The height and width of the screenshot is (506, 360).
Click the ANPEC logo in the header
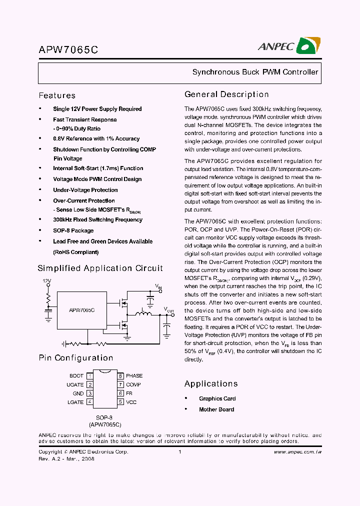pos(288,46)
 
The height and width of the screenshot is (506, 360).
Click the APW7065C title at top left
pos(68,50)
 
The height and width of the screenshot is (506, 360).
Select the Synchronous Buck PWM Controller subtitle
pos(255,72)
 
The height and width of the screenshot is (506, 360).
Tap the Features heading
pos(57,95)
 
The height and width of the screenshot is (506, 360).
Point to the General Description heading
pos(226,94)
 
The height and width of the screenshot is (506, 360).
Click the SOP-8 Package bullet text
pos(73,230)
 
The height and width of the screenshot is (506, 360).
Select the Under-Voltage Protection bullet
pos(85,190)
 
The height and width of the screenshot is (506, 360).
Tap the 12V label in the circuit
pos(47,281)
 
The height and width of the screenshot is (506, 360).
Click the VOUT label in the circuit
pos(169,310)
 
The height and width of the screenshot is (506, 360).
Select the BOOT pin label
pos(76,375)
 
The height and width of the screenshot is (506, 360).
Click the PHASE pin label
pos(134,375)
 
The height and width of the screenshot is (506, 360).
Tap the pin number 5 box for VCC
pos(120,402)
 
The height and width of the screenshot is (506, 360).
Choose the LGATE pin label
pos(75,402)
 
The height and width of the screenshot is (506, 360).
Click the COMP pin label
pos(133,384)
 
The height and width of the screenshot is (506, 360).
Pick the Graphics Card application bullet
pos(217,398)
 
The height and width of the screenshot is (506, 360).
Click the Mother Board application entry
pos(216,409)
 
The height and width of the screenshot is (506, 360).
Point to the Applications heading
pos(211,384)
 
